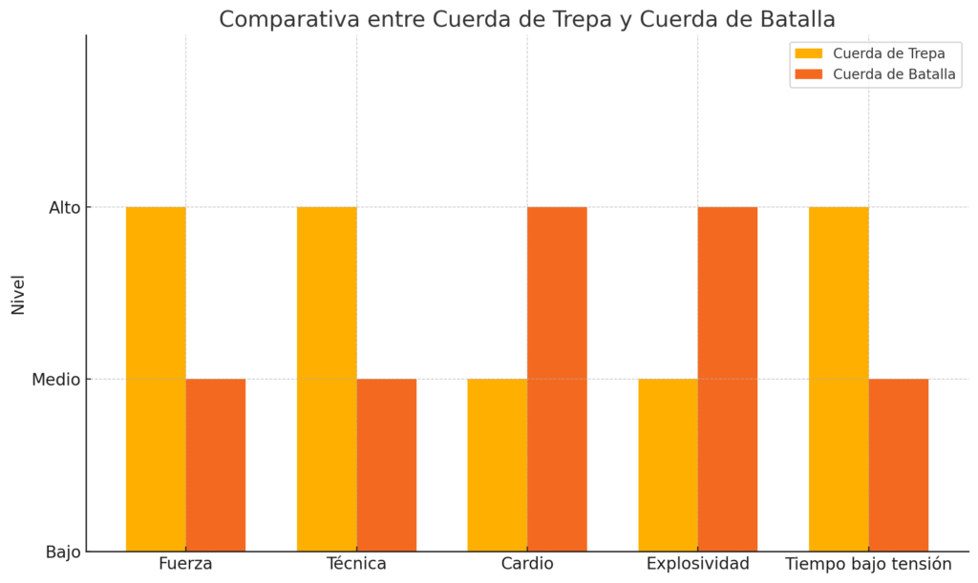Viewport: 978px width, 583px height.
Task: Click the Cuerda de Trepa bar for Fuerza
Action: (x=156, y=379)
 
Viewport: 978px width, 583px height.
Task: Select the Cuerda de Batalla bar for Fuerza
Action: (x=216, y=465)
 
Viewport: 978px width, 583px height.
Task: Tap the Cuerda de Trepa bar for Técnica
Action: (x=327, y=379)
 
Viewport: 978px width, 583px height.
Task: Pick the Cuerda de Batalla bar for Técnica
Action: (x=387, y=465)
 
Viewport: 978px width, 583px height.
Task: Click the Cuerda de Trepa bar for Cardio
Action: (x=497, y=465)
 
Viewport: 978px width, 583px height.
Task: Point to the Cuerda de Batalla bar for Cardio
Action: (x=557, y=379)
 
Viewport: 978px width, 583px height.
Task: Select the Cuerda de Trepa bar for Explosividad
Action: (x=668, y=465)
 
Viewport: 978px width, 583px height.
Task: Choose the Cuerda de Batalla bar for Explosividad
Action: (x=728, y=379)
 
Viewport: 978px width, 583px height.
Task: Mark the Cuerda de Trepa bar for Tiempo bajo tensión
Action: (x=839, y=379)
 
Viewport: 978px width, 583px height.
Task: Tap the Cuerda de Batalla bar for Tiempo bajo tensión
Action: (x=899, y=465)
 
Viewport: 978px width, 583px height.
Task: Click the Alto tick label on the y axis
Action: (x=65, y=207)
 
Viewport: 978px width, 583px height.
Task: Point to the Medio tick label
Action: (x=55, y=380)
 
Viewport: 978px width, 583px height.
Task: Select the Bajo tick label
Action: (x=64, y=552)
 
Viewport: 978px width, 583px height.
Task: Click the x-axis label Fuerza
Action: (x=185, y=564)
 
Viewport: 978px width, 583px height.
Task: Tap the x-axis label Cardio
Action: (x=527, y=564)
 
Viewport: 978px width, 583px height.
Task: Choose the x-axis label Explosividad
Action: (x=697, y=564)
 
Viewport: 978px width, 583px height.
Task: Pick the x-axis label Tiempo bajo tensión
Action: (x=868, y=564)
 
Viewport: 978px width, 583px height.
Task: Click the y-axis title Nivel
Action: (x=18, y=294)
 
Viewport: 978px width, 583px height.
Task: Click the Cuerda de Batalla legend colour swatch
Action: (x=808, y=74)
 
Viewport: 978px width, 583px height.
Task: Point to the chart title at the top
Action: (x=527, y=18)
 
